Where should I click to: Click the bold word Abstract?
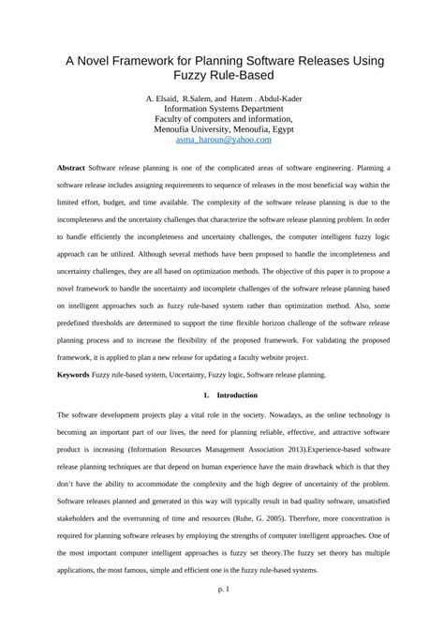(x=71, y=167)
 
